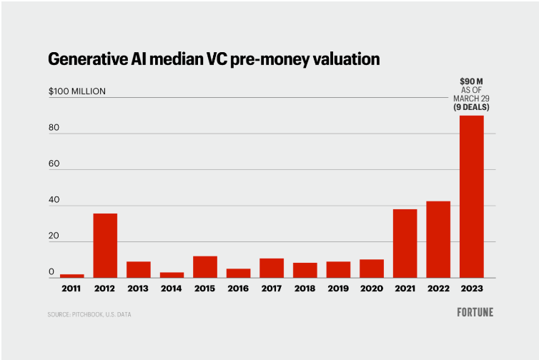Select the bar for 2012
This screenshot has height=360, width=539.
(x=105, y=246)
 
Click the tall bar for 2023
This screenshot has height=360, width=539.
(x=471, y=196)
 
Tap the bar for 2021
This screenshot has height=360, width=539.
(x=405, y=244)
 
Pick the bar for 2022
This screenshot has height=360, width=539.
(x=438, y=239)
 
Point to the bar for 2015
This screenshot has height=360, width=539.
(x=205, y=266)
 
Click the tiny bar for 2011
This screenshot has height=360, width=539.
(x=71, y=276)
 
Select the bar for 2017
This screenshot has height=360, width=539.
(x=272, y=268)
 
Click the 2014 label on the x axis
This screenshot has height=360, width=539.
(x=172, y=289)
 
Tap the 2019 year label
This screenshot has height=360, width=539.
(x=338, y=289)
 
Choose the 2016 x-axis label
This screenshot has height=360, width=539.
(x=238, y=289)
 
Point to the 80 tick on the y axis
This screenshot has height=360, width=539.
(x=54, y=129)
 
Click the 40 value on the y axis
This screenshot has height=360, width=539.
(x=54, y=201)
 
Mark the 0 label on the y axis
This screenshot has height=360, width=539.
(x=51, y=273)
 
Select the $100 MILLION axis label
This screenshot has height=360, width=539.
(x=77, y=91)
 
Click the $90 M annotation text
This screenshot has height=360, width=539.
(x=470, y=83)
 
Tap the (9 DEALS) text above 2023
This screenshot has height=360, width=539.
(x=471, y=106)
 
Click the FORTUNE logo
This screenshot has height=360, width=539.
(x=475, y=312)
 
